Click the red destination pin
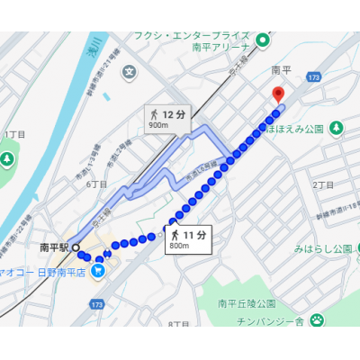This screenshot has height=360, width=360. (x=278, y=93)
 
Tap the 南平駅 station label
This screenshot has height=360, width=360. (x=54, y=245)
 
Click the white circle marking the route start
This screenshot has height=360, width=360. (x=76, y=246)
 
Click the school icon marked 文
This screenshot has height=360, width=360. (x=130, y=70)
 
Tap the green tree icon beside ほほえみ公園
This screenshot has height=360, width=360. (x=336, y=128)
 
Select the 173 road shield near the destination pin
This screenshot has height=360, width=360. (x=312, y=80)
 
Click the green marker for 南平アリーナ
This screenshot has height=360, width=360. (x=264, y=39)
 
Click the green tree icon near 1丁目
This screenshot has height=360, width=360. (x=6, y=159)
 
